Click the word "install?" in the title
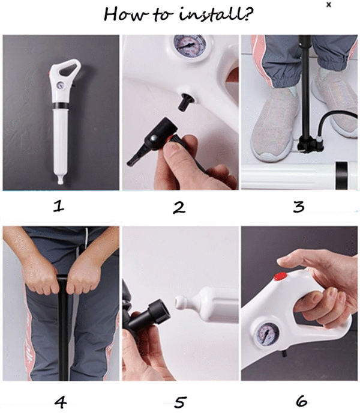(215, 14)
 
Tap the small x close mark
(329, 5)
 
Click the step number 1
(59, 206)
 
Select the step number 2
(179, 207)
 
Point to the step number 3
(298, 207)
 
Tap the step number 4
(61, 402)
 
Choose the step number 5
(180, 402)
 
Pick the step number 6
(301, 401)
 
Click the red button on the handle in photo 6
(280, 276)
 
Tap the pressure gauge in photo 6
(268, 335)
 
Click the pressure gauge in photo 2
(190, 45)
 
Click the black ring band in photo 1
(61, 106)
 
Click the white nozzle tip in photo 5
(182, 302)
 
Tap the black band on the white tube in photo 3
(341, 175)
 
